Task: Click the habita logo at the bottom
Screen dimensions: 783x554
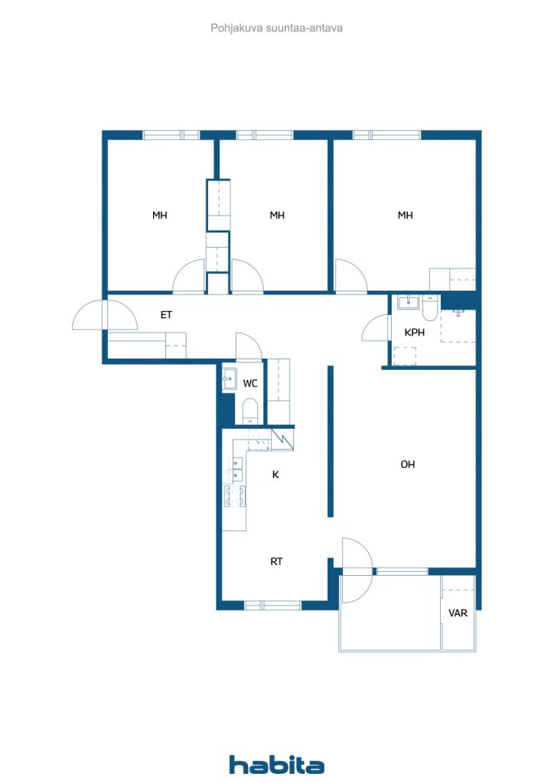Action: point(276,764)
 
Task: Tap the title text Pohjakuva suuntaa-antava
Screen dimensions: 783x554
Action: point(276,28)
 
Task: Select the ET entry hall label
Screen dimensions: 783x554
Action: point(166,314)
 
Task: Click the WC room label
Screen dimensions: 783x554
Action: point(250,383)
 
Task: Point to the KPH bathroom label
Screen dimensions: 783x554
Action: point(415,333)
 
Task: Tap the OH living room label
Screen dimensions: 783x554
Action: point(408,464)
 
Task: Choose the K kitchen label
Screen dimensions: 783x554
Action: point(276,475)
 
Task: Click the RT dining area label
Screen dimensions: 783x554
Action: point(276,561)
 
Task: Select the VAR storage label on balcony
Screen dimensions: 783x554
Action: point(458,612)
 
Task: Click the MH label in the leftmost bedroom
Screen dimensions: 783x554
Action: point(159,216)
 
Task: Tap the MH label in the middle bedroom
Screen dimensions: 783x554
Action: point(277,216)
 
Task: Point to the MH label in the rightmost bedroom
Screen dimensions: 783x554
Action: point(405,216)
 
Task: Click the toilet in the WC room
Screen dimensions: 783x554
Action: point(250,411)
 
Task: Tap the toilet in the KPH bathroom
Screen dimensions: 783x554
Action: point(430,307)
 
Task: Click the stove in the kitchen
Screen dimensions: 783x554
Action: point(235,495)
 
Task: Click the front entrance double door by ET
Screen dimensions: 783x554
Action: point(104,314)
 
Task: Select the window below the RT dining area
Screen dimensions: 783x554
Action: point(273,605)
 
